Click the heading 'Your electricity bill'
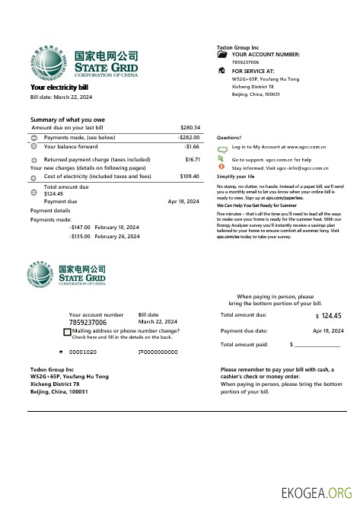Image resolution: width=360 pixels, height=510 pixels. [59, 88]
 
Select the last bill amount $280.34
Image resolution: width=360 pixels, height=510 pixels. [190, 127]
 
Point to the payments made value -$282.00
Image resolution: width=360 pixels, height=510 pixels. [188, 137]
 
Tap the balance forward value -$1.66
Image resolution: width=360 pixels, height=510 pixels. [192, 146]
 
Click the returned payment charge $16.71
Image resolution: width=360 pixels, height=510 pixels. [193, 160]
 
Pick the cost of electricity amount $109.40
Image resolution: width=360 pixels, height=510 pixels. [190, 176]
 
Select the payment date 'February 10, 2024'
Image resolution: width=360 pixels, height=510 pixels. [116, 228]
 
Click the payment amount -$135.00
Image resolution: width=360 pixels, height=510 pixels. [80, 237]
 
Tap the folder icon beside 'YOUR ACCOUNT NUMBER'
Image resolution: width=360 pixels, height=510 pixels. [222, 55]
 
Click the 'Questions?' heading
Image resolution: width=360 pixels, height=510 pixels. [229, 137]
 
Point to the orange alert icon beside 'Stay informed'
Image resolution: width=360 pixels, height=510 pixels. [221, 167]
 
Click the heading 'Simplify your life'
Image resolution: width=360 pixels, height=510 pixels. [235, 176]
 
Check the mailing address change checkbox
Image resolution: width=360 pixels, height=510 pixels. [68, 333]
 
